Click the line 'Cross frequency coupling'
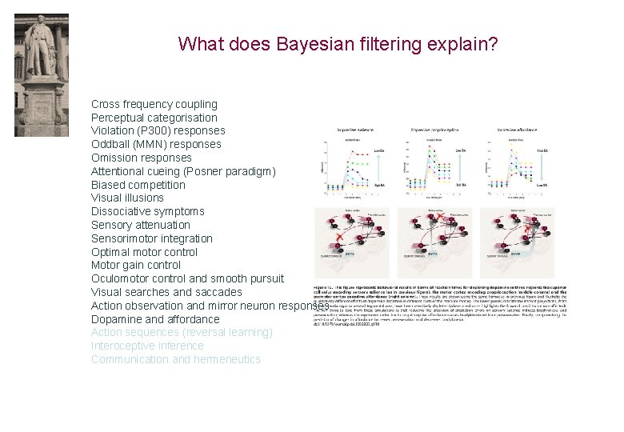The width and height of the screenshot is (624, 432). coord(154,104)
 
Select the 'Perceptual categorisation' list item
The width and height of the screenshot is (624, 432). coord(154,118)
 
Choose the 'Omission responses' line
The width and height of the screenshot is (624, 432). coord(141,158)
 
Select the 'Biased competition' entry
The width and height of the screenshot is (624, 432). coord(138,185)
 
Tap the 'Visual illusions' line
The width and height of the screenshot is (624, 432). coord(127,198)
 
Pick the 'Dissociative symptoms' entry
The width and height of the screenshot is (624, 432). coord(147,211)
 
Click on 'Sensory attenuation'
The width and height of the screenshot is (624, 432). coord(140,225)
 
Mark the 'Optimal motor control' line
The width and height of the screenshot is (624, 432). coord(145,252)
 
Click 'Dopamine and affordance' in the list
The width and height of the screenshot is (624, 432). coord(155,319)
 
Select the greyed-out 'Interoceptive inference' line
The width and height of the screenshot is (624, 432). coord(147,346)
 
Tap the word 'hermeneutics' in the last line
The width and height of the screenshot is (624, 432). coord(227,359)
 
